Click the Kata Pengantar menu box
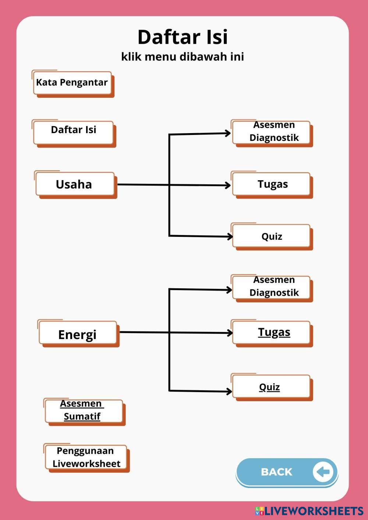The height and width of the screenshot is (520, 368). [x=72, y=83]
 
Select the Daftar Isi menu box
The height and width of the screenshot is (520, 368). [x=73, y=131]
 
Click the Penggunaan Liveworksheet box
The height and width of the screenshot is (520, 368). [x=86, y=457]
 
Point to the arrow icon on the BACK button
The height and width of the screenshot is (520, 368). [x=323, y=471]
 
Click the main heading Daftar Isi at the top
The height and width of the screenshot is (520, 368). [x=183, y=37]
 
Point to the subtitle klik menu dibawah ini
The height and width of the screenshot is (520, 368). [x=183, y=57]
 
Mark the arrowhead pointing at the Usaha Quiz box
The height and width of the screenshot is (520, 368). [x=230, y=236]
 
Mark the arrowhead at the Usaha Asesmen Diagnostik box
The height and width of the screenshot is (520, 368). [x=229, y=133]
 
